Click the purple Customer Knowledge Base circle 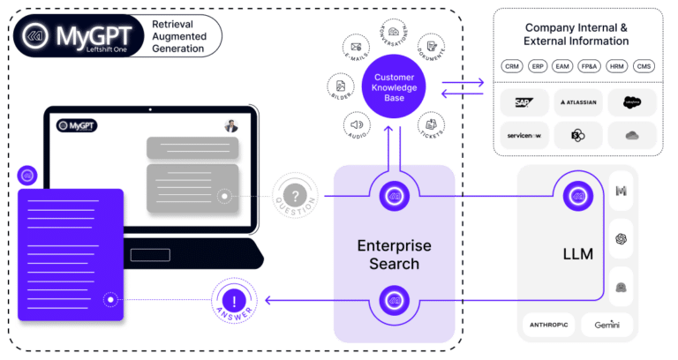click(394, 85)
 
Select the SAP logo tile click(524, 102)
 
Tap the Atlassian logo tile click(578, 102)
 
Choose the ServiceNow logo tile click(524, 135)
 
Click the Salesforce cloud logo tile click(632, 102)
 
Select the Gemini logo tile click(600, 325)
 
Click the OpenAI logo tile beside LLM click(621, 238)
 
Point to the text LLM click(578, 254)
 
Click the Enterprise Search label click(393, 253)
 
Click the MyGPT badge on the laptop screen click(77, 126)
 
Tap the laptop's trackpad click(150, 255)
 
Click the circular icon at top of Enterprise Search click(393, 197)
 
